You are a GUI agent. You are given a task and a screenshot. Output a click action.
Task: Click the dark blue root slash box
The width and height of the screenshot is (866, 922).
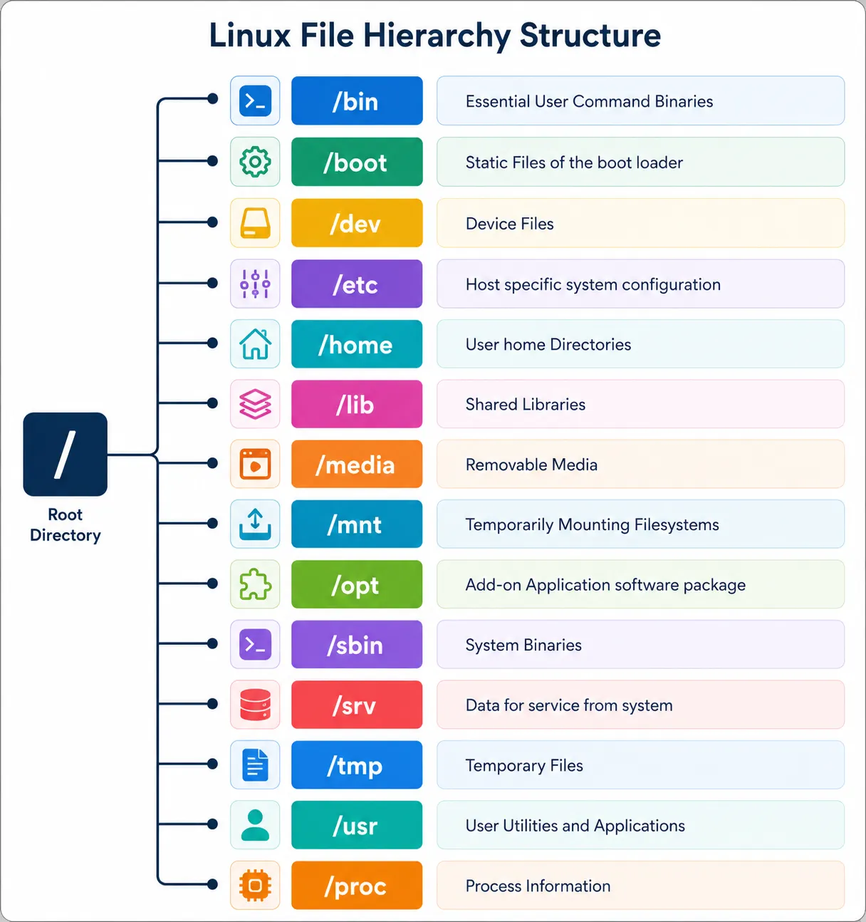(65, 454)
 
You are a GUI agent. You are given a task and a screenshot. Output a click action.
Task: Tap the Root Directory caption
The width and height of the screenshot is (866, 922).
(65, 524)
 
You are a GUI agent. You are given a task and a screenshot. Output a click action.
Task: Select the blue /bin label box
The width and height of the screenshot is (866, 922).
(357, 100)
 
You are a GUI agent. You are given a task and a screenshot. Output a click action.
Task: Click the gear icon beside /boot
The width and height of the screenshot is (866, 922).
(255, 162)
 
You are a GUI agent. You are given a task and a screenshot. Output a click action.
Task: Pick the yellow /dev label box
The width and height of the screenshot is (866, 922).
(357, 223)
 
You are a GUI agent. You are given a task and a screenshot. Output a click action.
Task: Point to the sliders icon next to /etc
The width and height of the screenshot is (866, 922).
(255, 284)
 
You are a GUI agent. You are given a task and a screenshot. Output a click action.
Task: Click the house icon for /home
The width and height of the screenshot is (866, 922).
(255, 344)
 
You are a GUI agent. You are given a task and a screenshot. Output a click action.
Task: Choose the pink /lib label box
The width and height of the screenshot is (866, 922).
(357, 404)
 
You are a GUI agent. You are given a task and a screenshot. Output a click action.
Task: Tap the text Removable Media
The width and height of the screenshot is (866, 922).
(531, 465)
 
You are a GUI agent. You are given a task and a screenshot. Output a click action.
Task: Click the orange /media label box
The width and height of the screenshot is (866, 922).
(357, 464)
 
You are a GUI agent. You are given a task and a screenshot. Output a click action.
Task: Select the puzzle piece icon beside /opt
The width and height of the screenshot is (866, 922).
(255, 584)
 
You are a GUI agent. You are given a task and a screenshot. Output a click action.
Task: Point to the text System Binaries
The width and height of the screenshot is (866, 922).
(523, 645)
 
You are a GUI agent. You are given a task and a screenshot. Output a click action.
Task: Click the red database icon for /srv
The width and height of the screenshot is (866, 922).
(255, 704)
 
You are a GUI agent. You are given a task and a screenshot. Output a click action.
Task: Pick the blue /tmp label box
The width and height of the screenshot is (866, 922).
(357, 765)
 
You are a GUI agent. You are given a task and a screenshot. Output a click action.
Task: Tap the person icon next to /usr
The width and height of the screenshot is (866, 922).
(255, 825)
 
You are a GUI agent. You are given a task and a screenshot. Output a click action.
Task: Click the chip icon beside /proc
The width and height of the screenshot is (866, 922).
(255, 886)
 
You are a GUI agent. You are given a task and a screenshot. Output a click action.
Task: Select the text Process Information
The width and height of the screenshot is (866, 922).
(538, 886)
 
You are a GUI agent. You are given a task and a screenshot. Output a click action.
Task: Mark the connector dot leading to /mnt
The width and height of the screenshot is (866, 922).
(212, 523)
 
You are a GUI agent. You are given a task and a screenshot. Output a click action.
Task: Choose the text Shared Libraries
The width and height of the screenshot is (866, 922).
(526, 405)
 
